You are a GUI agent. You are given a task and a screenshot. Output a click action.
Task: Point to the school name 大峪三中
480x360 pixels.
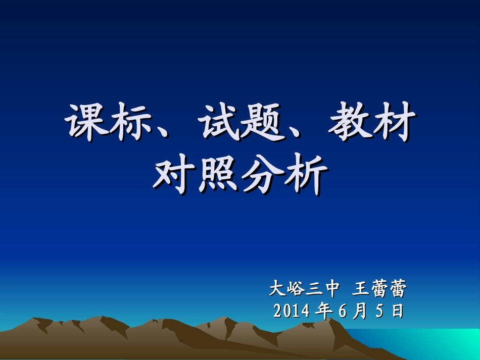(x=303, y=289)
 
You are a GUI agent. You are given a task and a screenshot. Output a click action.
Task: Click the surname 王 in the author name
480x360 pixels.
(x=359, y=289)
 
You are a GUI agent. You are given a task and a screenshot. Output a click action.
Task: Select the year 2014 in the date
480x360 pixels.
(x=292, y=311)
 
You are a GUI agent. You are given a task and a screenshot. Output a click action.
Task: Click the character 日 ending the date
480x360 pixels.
(x=398, y=311)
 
